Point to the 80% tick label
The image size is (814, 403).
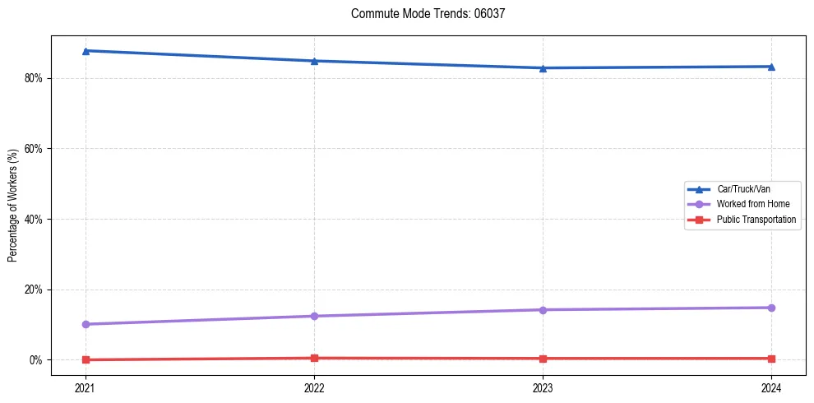click(x=35, y=78)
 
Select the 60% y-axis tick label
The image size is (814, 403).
click(x=35, y=149)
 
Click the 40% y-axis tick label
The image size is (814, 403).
click(x=35, y=220)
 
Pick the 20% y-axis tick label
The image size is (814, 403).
click(x=35, y=290)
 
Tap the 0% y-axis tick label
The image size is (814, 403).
click(x=38, y=360)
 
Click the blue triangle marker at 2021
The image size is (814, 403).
click(x=86, y=51)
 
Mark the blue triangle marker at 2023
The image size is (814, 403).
click(x=543, y=68)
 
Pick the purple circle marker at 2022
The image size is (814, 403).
click(x=314, y=316)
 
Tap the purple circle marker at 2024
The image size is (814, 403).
click(x=771, y=308)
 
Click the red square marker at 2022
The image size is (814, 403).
click(x=314, y=358)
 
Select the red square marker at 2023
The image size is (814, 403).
click(x=543, y=359)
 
